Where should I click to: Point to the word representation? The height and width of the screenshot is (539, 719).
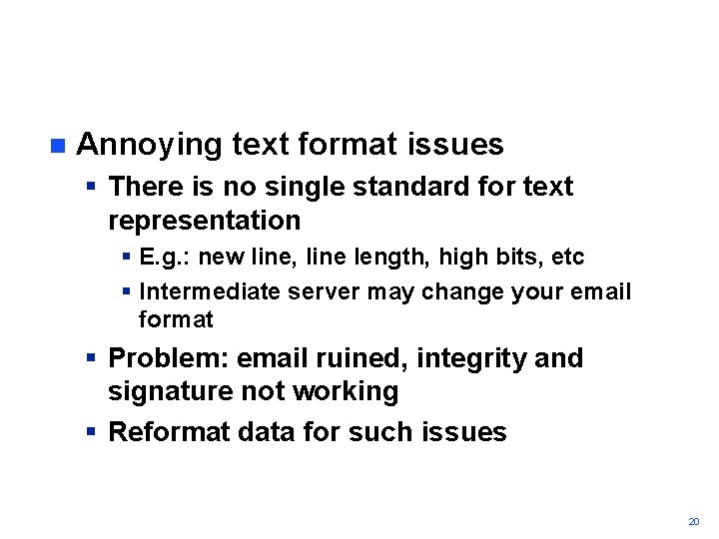(204, 220)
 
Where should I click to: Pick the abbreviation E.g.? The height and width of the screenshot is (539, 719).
(166, 257)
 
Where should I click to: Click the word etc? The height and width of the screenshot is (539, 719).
(567, 257)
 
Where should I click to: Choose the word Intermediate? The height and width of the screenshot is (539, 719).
(211, 291)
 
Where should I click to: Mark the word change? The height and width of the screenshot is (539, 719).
(446, 291)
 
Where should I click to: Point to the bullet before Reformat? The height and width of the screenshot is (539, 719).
(91, 432)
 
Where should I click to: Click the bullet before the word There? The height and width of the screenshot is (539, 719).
(91, 187)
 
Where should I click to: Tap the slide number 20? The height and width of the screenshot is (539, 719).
(694, 521)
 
